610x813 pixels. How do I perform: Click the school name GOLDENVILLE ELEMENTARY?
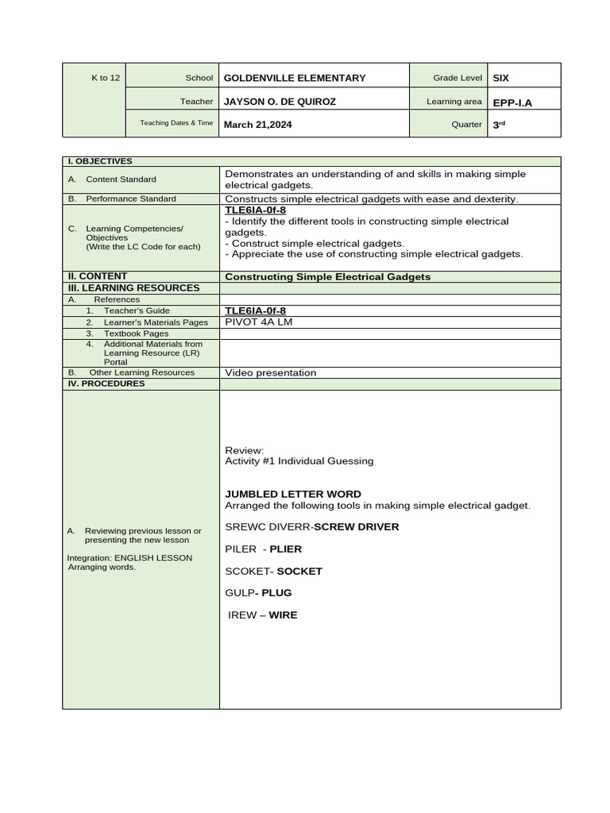point(295,78)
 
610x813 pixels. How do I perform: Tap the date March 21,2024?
point(257,124)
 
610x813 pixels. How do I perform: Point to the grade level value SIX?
point(501,78)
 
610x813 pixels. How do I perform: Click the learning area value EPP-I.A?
point(512,102)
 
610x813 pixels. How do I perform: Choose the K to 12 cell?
point(106,78)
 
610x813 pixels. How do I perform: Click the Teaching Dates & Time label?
point(176,123)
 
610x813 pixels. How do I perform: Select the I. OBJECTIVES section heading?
point(100,161)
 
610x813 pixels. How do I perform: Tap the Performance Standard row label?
point(131,198)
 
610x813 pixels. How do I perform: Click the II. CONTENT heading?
point(98,276)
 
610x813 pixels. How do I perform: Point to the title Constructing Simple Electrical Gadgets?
point(327,277)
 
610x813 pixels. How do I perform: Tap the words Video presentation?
point(270,372)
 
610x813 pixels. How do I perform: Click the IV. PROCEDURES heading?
point(106,383)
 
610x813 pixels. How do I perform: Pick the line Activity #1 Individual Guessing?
point(299,460)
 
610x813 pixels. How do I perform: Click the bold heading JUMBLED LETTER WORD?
point(293,494)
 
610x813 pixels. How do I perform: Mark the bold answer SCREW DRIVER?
point(357,526)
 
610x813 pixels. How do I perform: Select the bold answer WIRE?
point(283,615)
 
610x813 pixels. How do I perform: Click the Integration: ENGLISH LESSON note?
point(129,557)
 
